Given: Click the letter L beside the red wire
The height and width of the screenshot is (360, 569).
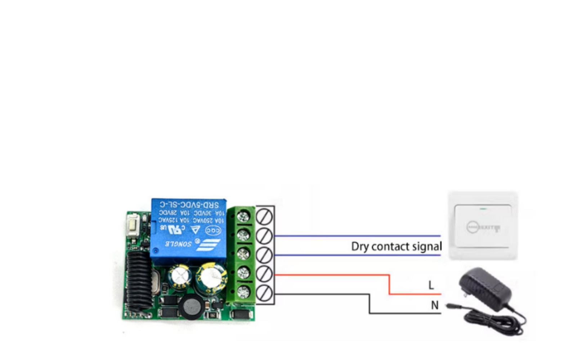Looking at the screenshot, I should (x=431, y=285).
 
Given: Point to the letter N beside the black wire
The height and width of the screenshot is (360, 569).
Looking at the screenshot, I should (x=435, y=305).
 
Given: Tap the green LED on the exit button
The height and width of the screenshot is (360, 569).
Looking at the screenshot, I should (x=484, y=208).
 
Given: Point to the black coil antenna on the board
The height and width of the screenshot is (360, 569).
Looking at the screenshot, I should (x=138, y=281).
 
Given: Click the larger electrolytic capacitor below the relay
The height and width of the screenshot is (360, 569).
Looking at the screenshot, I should (x=211, y=278).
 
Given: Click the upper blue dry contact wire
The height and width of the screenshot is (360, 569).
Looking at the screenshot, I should (x=357, y=236).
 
